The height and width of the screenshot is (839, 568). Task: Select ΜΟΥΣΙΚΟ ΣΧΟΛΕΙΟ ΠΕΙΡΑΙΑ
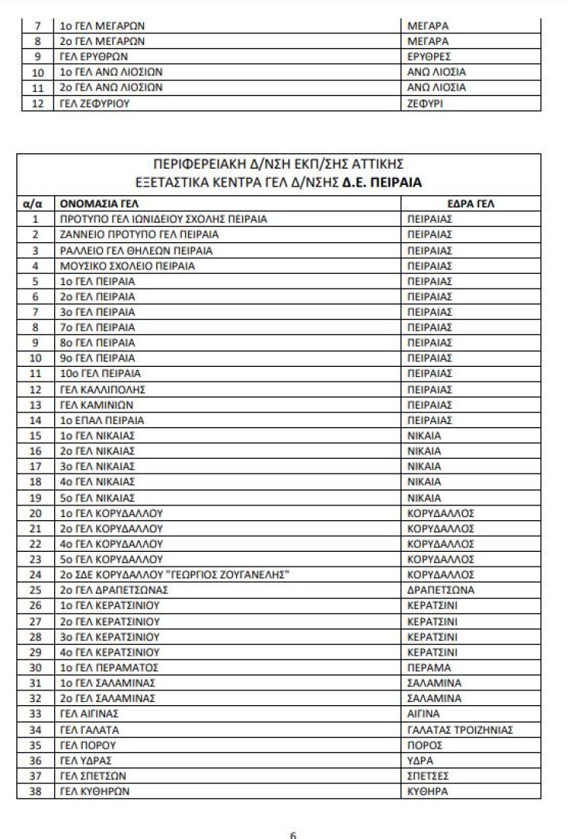(127, 265)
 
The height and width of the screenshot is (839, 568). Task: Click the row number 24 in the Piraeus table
(34, 574)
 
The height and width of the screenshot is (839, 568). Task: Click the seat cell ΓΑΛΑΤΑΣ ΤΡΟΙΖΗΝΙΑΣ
(460, 729)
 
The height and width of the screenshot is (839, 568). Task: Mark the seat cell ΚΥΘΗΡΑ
(428, 791)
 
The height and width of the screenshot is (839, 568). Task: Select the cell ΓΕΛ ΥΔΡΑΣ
(82, 760)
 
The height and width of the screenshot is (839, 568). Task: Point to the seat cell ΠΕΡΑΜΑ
(427, 667)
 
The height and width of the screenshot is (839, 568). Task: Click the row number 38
(34, 791)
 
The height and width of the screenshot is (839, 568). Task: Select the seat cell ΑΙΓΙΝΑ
(423, 714)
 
